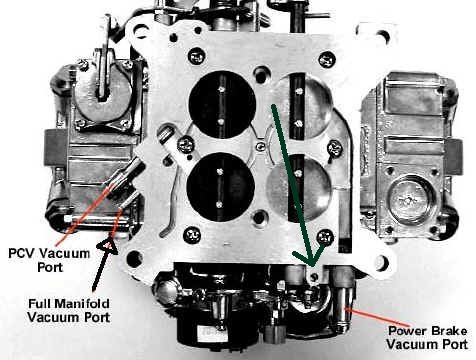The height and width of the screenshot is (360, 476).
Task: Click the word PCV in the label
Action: click(x=21, y=253)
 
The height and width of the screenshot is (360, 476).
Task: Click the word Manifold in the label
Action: click(x=82, y=303)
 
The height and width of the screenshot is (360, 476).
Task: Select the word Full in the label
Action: click(x=39, y=303)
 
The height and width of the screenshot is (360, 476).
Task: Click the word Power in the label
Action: click(x=408, y=331)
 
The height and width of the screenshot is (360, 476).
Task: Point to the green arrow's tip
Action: click(x=312, y=266)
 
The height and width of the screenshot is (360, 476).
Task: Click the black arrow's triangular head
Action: click(x=108, y=244)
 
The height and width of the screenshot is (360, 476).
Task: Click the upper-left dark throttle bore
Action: click(x=222, y=104)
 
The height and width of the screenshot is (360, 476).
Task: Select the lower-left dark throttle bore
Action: click(x=220, y=186)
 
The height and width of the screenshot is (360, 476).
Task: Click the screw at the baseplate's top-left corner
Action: click(x=196, y=56)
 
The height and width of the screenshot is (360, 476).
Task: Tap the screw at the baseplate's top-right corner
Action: click(x=327, y=60)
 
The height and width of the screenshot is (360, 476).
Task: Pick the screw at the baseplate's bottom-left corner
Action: click(x=192, y=235)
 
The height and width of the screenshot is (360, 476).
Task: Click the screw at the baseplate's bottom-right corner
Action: click(x=325, y=238)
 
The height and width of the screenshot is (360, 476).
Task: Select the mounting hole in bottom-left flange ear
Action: click(x=135, y=259)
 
